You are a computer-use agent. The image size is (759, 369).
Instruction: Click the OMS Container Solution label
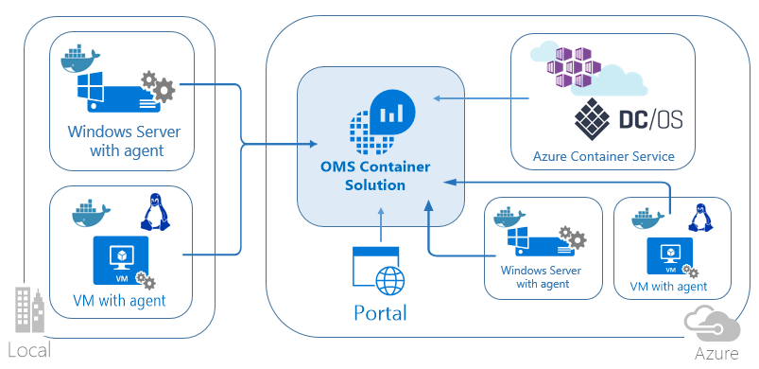tap(374, 176)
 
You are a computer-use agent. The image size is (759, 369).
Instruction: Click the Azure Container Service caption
tap(604, 156)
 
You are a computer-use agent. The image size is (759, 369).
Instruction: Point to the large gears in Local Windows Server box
tap(159, 88)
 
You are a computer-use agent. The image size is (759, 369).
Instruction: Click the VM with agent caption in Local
tap(119, 301)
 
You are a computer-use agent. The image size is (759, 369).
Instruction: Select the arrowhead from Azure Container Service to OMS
tap(437, 97)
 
